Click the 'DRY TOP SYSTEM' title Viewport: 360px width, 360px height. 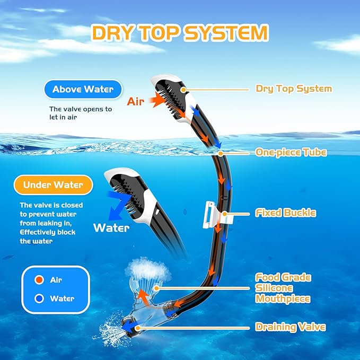[x=180, y=33]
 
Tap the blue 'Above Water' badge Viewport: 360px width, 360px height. [x=83, y=89]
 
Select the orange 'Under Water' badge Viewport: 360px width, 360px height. [x=53, y=185]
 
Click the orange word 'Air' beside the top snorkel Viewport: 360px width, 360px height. [x=135, y=101]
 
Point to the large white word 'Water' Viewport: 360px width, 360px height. [x=111, y=228]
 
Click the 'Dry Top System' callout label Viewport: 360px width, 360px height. [x=294, y=89]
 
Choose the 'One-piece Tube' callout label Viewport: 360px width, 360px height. [x=291, y=153]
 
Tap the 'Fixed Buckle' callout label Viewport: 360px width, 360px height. [x=286, y=213]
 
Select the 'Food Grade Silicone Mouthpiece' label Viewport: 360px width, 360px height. [x=283, y=288]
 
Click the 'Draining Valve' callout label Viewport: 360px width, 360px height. [x=290, y=327]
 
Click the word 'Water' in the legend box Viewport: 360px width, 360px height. [x=62, y=298]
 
